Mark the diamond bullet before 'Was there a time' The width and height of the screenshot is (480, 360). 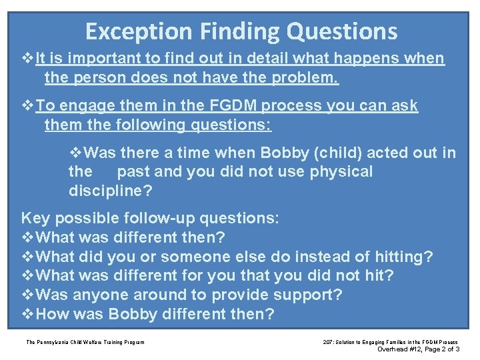pos(76,153)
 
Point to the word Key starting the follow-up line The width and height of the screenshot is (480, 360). pos(36,218)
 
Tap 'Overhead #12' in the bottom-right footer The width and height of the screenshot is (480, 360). pos(399,349)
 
